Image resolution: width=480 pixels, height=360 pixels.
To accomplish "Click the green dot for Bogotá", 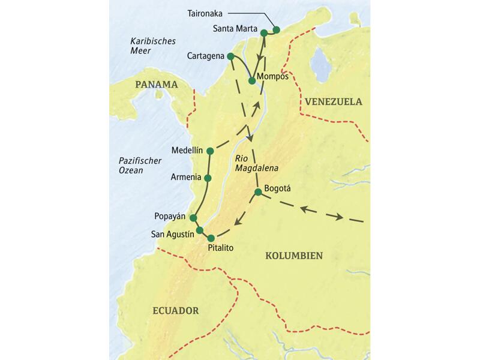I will coord(258,192).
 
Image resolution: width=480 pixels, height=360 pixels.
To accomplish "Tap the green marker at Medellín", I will coord(210,150).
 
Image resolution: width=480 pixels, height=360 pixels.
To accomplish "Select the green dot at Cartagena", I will coord(230,56).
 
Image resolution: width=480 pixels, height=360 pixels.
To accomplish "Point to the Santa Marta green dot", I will coord(263,33).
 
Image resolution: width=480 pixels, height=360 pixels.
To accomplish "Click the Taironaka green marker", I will coord(277,29).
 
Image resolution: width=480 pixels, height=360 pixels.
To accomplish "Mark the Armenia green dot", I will coord(208,178).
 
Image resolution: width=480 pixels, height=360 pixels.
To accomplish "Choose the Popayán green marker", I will coord(193,218).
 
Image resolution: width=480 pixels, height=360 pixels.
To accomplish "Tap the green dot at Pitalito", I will coord(211,238).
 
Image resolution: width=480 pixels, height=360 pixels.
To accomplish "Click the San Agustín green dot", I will coord(200,230).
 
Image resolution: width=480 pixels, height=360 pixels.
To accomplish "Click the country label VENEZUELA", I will coord(333,101).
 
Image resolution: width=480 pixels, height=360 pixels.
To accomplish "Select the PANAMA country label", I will coord(156,85).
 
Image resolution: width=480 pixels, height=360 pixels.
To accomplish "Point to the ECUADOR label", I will coord(175,311).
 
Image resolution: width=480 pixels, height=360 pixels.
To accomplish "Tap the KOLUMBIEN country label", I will coord(293,256).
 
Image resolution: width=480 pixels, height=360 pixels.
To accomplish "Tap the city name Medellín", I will coord(188,150).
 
